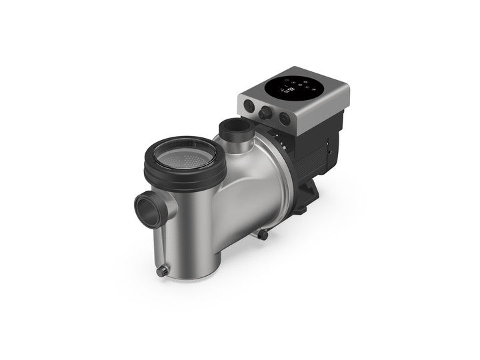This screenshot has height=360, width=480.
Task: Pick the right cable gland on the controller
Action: (285, 119)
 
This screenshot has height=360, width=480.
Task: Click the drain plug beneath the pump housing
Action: (263, 235)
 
